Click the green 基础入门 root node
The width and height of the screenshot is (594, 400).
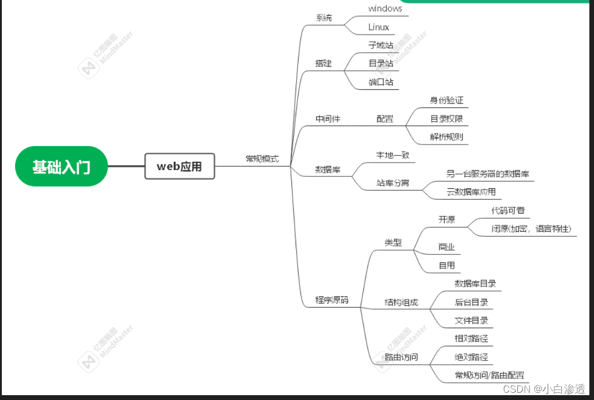click(62, 167)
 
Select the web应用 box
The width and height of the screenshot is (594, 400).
click(180, 167)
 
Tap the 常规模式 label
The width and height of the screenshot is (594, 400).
click(262, 159)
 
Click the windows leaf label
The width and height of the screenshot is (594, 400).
click(385, 8)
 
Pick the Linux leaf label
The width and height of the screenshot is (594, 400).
click(379, 27)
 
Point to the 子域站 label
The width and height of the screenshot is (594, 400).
click(381, 45)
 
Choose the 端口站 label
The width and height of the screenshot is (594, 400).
click(381, 82)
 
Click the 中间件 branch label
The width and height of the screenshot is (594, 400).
click(328, 119)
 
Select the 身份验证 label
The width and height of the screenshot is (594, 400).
click(446, 100)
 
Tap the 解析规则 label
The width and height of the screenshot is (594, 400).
click(446, 137)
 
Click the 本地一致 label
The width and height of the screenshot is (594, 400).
click(393, 155)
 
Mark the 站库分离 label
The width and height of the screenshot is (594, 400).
click(393, 182)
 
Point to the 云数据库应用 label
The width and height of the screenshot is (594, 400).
click(471, 192)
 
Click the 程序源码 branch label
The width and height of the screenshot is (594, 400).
click(332, 300)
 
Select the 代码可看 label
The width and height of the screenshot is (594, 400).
click(508, 211)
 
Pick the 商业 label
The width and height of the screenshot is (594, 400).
click(446, 247)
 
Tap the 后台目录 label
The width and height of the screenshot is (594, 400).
click(471, 302)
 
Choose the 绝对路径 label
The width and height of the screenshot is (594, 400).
click(471, 357)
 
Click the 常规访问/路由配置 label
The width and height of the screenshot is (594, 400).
click(489, 375)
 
